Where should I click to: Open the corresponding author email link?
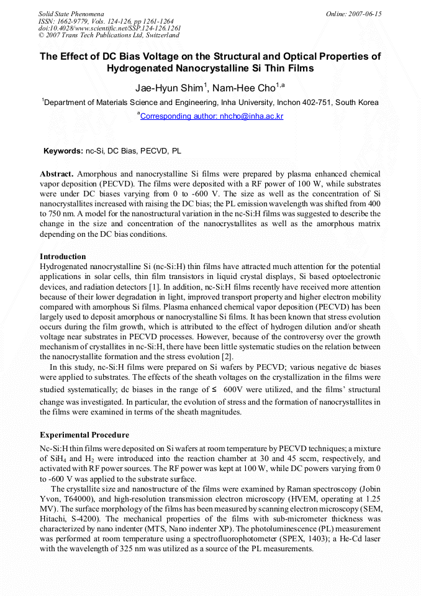(x=212, y=116)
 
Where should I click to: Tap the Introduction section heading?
(x=63, y=257)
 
